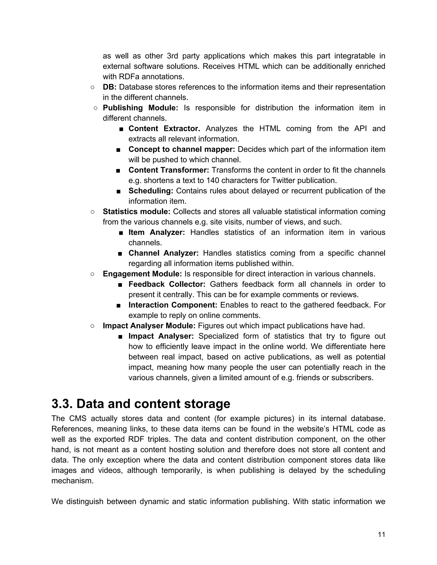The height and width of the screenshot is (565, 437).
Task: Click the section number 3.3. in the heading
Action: (62, 404)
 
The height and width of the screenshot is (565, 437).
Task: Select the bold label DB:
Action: (109, 87)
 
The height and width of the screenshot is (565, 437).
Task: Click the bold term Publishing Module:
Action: (140, 108)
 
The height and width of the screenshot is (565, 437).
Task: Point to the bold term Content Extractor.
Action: (164, 128)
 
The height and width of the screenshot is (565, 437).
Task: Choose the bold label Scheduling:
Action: (151, 191)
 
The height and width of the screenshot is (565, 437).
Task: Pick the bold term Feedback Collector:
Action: (167, 284)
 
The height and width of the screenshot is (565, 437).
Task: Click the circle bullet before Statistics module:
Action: (92, 212)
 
